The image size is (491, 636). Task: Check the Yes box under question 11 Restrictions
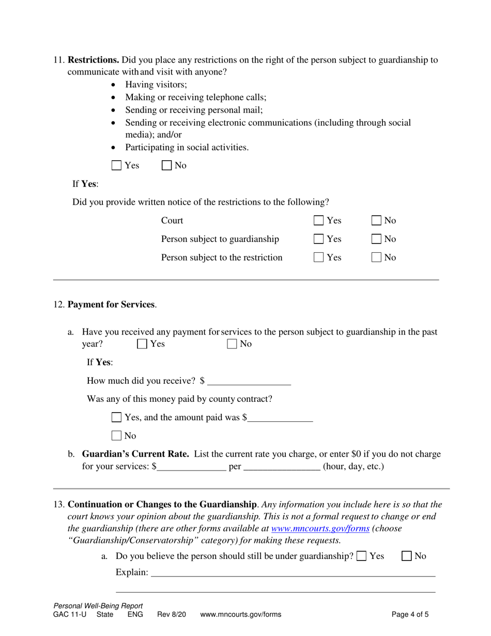[117, 166]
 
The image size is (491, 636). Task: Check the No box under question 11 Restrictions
[167, 166]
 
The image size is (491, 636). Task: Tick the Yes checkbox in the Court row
[319, 221]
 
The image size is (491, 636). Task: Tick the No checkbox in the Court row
[377, 221]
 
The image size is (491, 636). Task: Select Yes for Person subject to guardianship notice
[319, 239]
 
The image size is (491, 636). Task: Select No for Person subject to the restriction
[377, 258]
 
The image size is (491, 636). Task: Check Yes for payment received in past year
[142, 344]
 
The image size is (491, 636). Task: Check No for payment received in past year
[232, 344]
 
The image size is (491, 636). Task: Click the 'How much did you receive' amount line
[249, 382]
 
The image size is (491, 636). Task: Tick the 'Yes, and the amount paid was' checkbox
[117, 417]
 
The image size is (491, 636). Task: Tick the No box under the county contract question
[117, 435]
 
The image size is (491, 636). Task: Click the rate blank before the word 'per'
[192, 467]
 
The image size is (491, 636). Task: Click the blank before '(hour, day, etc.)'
[281, 467]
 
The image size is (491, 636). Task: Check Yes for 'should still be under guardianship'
[361, 556]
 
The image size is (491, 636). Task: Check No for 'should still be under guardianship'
[407, 556]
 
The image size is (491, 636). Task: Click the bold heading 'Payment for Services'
[112, 305]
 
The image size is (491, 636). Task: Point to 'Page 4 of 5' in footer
[410, 615]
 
